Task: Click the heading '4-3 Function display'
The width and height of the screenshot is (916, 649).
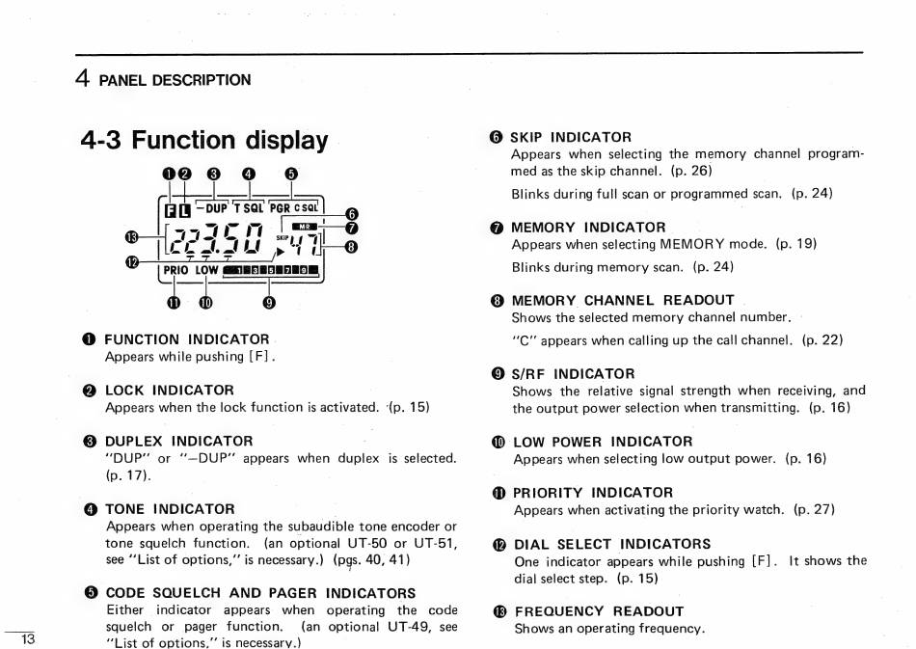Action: [x=204, y=141]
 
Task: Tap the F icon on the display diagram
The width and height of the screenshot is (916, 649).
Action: [x=172, y=209]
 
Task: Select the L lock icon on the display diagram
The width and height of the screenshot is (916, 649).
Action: [x=186, y=209]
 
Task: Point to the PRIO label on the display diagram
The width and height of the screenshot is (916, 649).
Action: [x=175, y=271]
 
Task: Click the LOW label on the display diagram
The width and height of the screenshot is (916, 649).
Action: [x=206, y=271]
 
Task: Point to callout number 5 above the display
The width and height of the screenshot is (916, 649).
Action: [x=292, y=175]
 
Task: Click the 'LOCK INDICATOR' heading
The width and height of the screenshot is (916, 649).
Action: [x=169, y=390]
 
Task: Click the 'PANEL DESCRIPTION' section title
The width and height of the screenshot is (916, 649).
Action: [x=175, y=80]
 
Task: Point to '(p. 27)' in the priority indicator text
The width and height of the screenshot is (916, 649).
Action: [x=814, y=509]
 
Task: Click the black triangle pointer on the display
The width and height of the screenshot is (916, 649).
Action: [x=280, y=253]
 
